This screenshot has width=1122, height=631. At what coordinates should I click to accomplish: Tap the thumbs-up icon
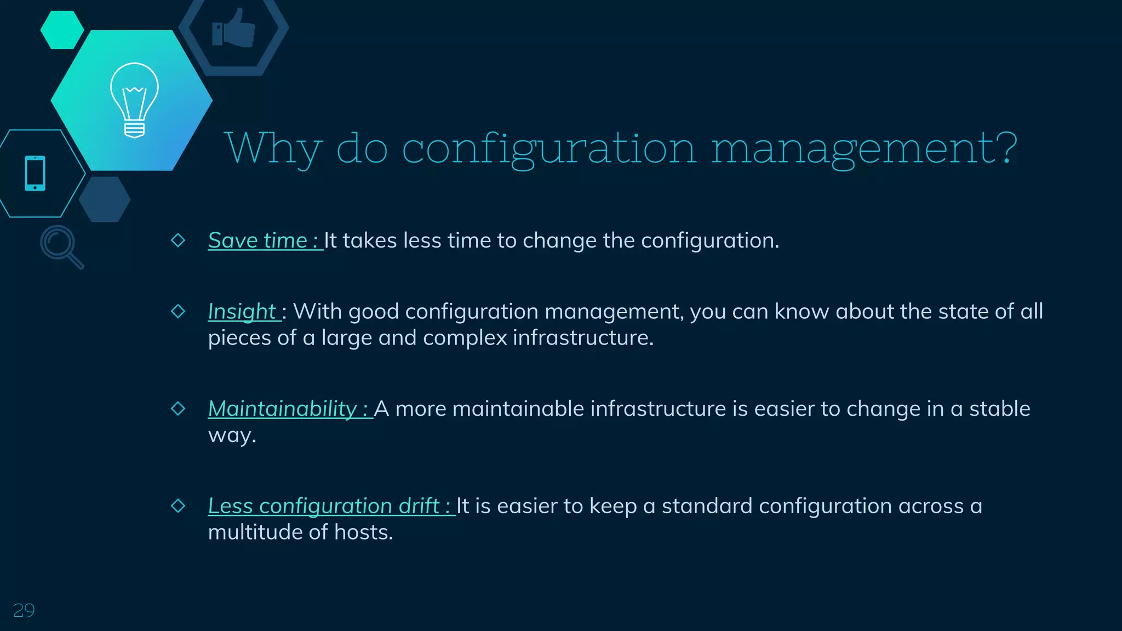(x=234, y=28)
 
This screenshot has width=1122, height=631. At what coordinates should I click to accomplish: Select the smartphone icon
(x=35, y=174)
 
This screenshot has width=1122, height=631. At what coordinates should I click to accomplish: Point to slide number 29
(x=24, y=610)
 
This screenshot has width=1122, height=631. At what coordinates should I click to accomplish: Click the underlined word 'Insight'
(x=243, y=311)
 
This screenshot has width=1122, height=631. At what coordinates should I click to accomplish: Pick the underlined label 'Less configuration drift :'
(x=330, y=506)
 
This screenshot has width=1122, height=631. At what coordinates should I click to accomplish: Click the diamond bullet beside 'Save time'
(x=178, y=240)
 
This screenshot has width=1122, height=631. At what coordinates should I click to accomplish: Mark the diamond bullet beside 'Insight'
(x=178, y=311)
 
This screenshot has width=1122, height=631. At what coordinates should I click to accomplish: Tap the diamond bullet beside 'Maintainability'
(x=178, y=408)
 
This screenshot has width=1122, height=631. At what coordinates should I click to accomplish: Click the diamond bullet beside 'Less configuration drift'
(x=178, y=505)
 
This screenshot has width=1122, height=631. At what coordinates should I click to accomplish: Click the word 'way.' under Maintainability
(x=232, y=435)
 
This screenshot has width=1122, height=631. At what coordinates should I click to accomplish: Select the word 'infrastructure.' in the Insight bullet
(x=583, y=337)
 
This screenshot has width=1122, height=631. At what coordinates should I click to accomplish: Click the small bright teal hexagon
(x=62, y=30)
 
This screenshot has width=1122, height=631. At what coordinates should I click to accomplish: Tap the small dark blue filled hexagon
(x=105, y=199)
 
